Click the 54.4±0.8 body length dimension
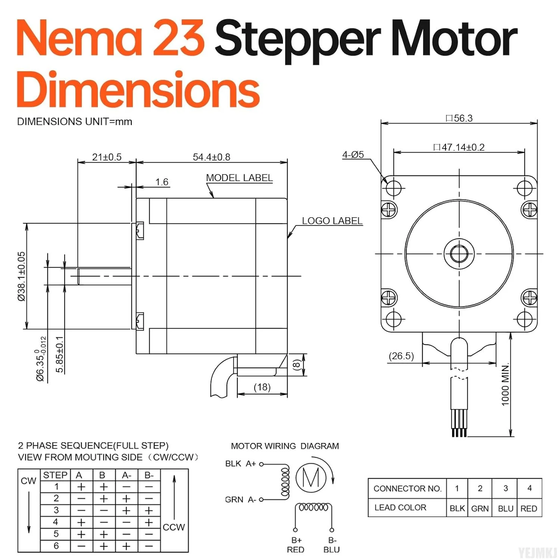click(x=211, y=157)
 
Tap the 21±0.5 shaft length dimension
click(x=107, y=157)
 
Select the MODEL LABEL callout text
click(x=239, y=178)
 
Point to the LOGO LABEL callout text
click(x=332, y=221)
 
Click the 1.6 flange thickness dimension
click(x=162, y=182)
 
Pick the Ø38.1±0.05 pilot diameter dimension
click(x=22, y=276)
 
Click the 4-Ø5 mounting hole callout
click(x=353, y=155)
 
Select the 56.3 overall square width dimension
click(x=459, y=118)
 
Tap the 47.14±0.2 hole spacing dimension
click(x=459, y=147)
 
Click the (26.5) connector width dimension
click(x=401, y=356)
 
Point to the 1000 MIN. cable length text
click(x=505, y=385)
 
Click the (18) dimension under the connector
click(x=262, y=387)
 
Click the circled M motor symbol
click(x=311, y=477)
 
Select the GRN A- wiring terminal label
click(x=240, y=500)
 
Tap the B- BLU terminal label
click(x=332, y=545)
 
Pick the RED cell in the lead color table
click(x=529, y=508)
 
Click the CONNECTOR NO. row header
click(x=407, y=489)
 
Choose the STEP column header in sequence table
click(x=55, y=475)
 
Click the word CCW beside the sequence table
click(x=174, y=527)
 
